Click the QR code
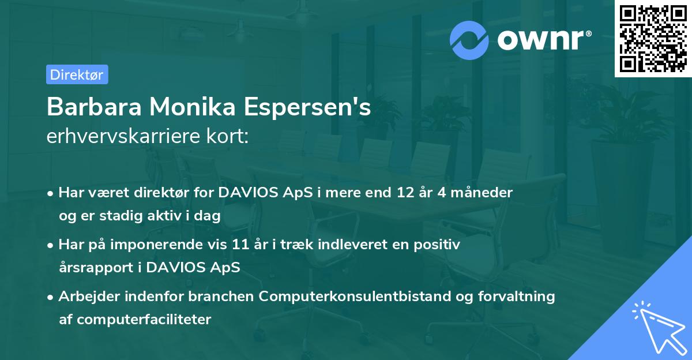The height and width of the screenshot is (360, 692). (x=652, y=39)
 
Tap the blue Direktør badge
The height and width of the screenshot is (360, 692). (x=77, y=74)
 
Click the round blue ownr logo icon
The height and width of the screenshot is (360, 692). (x=470, y=40)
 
